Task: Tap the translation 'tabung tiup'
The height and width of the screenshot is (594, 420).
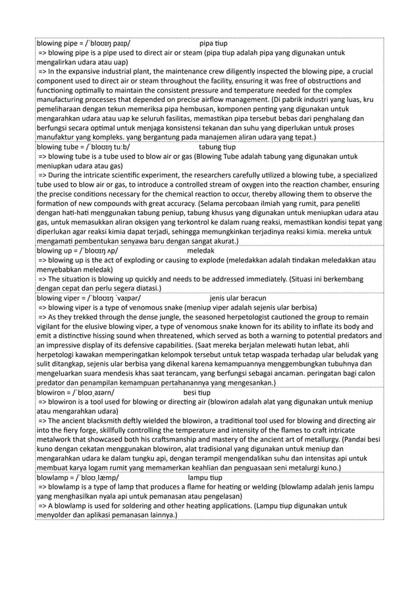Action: (217, 147)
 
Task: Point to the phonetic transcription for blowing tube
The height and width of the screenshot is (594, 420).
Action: (107, 147)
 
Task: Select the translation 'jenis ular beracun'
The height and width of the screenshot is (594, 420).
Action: (238, 297)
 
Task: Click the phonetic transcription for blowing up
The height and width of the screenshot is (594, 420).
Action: (98, 251)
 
